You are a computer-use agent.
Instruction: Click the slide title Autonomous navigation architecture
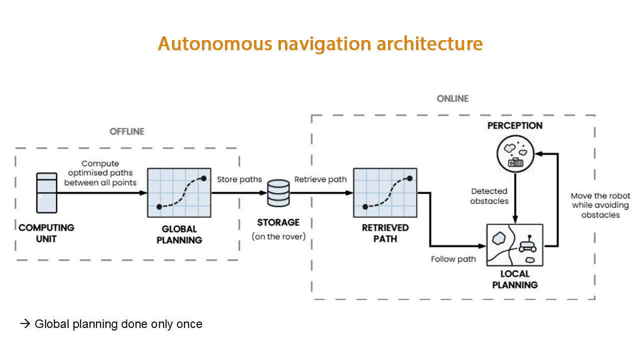tap(320, 44)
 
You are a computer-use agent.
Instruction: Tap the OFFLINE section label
tap(127, 131)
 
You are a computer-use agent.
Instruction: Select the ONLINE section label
tap(452, 98)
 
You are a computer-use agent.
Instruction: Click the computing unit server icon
tap(47, 192)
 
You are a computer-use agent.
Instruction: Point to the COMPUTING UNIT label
tap(46, 233)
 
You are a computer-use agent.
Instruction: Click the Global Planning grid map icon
tap(179, 192)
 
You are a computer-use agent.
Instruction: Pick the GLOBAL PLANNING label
tap(179, 234)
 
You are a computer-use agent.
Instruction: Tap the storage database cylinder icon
tap(278, 193)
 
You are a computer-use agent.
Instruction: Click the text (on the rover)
tap(278, 236)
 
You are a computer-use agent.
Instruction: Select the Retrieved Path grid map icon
tap(385, 192)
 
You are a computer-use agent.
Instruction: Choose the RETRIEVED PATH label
tap(385, 233)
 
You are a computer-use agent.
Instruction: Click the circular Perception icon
tap(515, 152)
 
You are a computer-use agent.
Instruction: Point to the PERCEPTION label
tap(515, 125)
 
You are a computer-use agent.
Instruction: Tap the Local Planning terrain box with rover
tap(514, 245)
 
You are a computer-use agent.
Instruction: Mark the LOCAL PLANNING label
tap(515, 279)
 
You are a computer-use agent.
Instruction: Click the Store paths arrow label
tap(239, 179)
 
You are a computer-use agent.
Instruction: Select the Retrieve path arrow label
tap(320, 179)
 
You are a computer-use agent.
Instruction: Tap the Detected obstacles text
tap(489, 196)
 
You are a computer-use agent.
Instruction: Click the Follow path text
tap(453, 259)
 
